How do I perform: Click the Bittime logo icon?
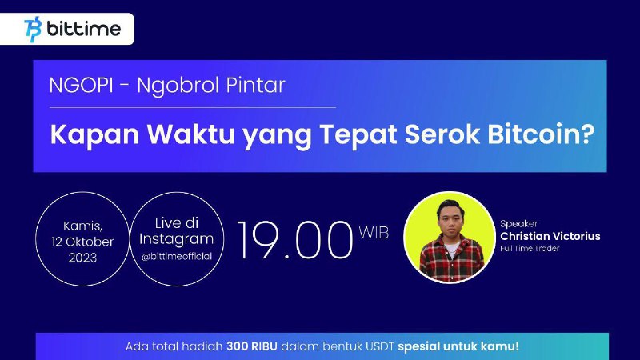pos(33,30)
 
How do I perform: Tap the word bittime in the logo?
pos(84,29)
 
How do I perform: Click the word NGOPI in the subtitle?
pos(81,86)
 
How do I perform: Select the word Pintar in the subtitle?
pos(255,86)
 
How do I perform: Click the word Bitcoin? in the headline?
pos(541,134)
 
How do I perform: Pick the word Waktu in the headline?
pos(190,134)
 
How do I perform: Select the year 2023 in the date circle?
pos(82,258)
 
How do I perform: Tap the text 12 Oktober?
pos(82,242)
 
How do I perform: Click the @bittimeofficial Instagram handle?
pos(177,256)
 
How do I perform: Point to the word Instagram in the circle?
pos(176,239)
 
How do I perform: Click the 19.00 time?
pos(294,240)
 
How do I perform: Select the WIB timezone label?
pos(374,233)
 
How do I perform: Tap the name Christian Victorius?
pos(550,236)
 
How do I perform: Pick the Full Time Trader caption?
pos(530,248)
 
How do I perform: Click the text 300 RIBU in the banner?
pos(252,346)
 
